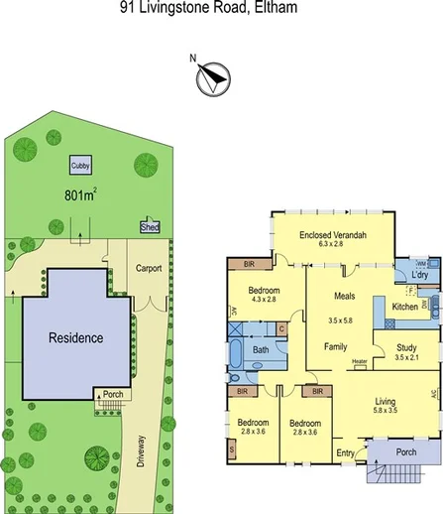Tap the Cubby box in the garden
pyautogui.click(x=77, y=166)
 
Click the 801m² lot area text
pyautogui.click(x=82, y=194)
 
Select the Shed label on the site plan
pyautogui.click(x=151, y=227)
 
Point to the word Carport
pyautogui.click(x=149, y=268)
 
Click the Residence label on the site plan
pyautogui.click(x=76, y=338)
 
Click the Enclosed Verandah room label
pyautogui.click(x=331, y=234)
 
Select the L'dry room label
pyautogui.click(x=418, y=275)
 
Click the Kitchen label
pyautogui.click(x=404, y=308)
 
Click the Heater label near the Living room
pyautogui.click(x=359, y=361)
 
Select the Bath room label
pyautogui.click(x=261, y=350)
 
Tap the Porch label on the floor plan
pyautogui.click(x=405, y=451)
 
